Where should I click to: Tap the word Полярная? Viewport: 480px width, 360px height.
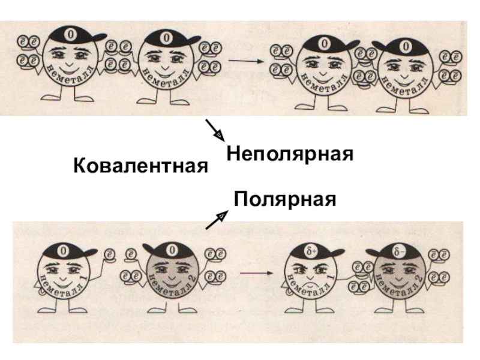(x=284, y=198)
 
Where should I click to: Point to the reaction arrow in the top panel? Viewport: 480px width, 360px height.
(x=246, y=61)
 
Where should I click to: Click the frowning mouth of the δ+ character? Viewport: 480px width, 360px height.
(x=310, y=281)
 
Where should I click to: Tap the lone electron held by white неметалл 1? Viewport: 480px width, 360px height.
(x=109, y=255)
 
